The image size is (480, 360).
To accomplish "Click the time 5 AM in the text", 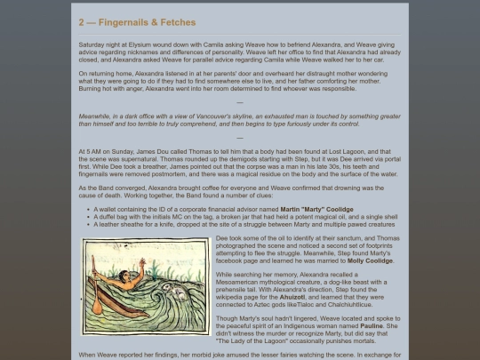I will tap(91, 152).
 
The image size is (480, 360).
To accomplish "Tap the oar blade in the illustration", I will tap(93, 300).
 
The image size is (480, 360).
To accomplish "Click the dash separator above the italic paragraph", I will tap(239, 102).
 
